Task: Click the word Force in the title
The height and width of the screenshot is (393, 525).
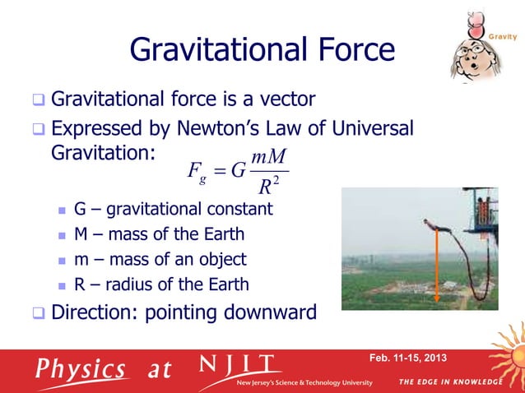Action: coord(346,51)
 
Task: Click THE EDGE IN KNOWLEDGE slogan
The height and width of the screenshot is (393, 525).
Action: coord(448,382)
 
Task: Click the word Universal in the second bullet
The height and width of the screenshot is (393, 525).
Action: coord(368,129)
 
